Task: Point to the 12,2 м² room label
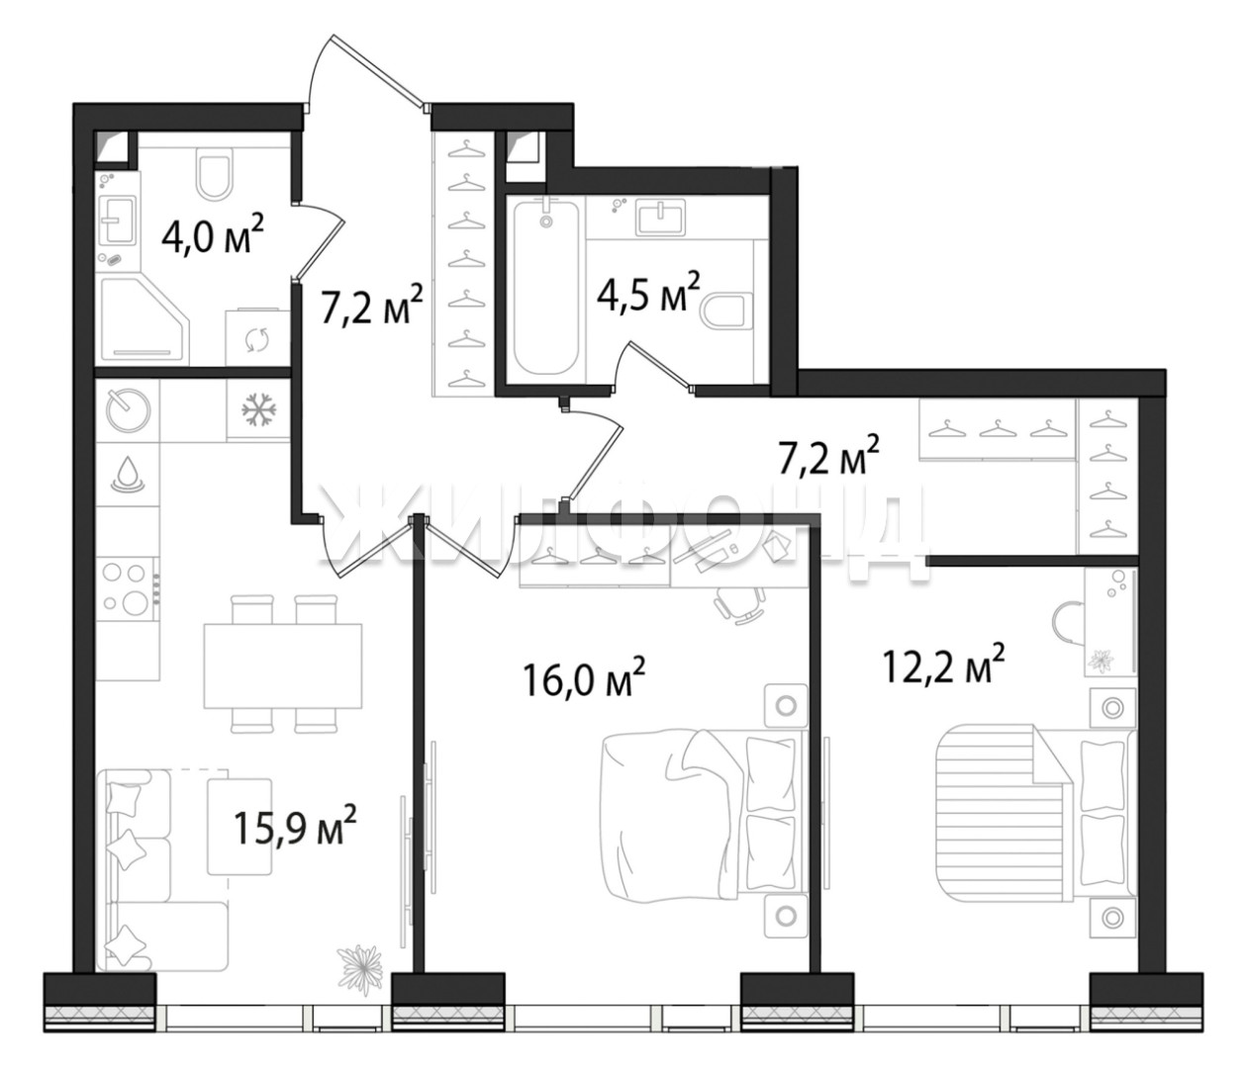coord(943,663)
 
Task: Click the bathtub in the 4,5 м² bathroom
coord(546,288)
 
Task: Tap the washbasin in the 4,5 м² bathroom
coord(660,219)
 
